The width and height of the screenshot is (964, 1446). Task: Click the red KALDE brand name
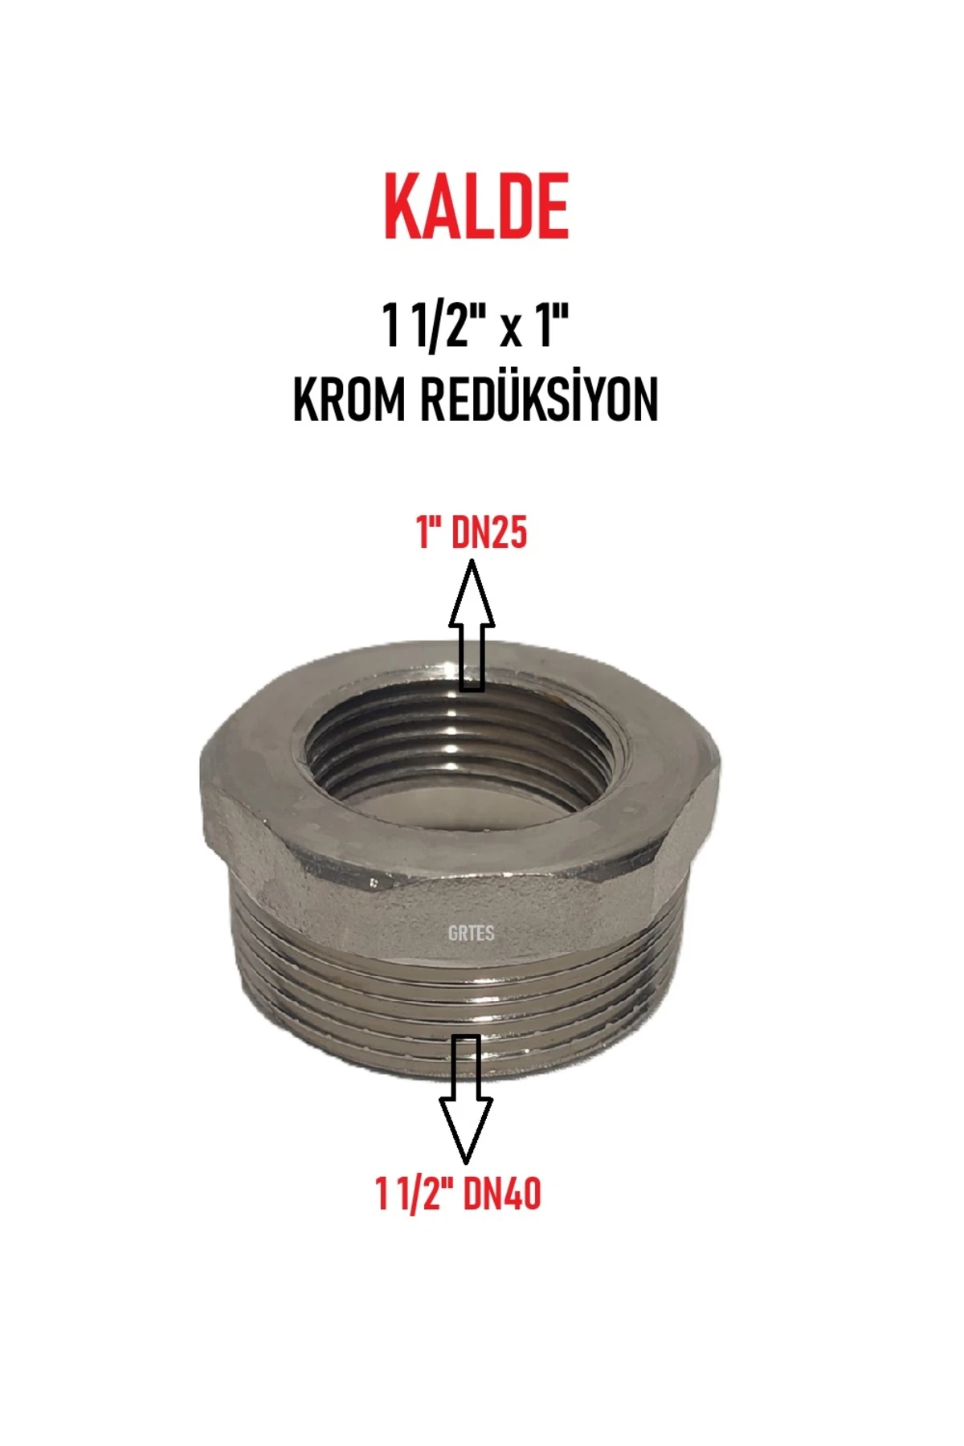(476, 207)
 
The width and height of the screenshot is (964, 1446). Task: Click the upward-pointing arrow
(472, 626)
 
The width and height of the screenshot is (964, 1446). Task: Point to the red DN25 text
(488, 533)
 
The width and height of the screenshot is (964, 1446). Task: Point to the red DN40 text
(501, 1194)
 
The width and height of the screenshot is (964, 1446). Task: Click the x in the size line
(509, 331)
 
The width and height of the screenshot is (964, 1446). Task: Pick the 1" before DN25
(431, 533)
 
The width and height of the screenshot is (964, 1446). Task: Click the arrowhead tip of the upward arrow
(472, 563)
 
